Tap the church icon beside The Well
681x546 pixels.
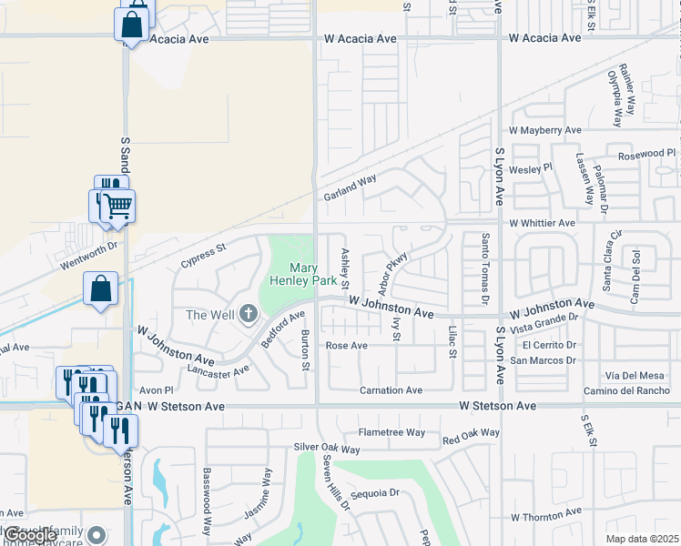[x=247, y=315]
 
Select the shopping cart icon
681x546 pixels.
[x=117, y=207]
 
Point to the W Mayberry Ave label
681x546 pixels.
[x=544, y=131]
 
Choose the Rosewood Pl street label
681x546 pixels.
[x=647, y=154]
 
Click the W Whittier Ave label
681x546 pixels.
[x=542, y=223]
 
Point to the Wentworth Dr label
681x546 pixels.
[x=89, y=254]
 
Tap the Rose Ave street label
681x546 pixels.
[x=347, y=346]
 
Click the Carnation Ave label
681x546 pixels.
[x=391, y=390]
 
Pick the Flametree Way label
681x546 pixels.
[x=391, y=432]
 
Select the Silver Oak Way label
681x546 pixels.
[x=327, y=449]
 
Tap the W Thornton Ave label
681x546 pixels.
[x=545, y=518]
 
